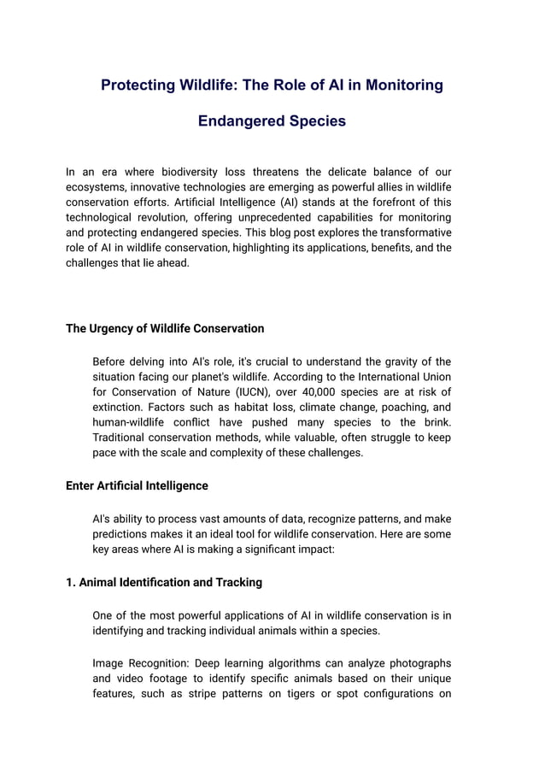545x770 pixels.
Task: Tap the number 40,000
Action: [317, 392]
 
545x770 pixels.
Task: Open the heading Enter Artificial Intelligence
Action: [137, 485]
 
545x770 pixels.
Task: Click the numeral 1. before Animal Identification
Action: [71, 582]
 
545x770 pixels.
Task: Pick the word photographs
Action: [418, 663]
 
